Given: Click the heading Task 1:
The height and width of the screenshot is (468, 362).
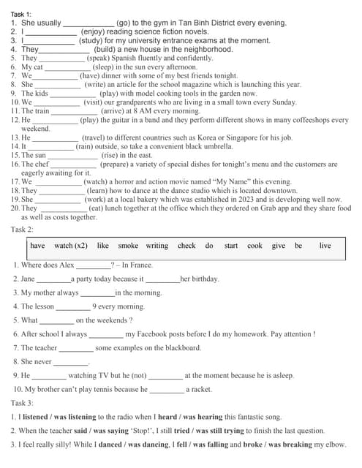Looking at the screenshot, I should click(21, 14).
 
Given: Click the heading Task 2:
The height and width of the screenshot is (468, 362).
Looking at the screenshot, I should click(22, 230).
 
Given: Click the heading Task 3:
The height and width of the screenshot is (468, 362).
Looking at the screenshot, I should click(22, 403).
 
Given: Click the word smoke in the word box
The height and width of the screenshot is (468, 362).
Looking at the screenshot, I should click(128, 246).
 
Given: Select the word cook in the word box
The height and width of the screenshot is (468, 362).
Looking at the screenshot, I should click(254, 246).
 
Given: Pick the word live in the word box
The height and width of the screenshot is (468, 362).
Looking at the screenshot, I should click(325, 246).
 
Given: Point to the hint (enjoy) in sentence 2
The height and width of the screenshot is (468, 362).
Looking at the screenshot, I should click(94, 32).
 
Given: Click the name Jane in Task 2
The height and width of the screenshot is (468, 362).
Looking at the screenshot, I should click(28, 279).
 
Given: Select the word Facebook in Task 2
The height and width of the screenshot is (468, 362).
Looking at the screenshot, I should click(144, 334).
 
